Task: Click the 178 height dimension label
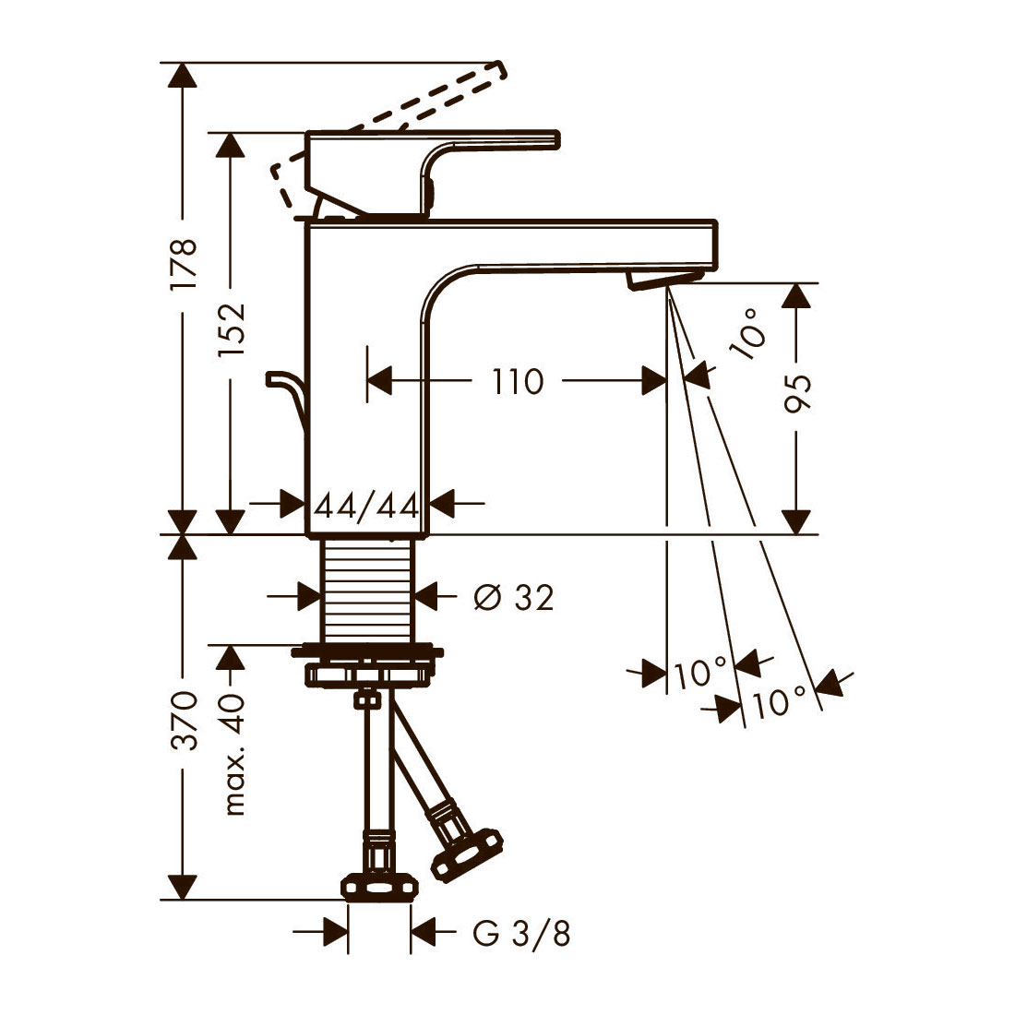coord(184,264)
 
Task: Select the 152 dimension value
coord(231,328)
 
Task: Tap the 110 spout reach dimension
coord(518,381)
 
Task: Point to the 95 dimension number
coord(797,393)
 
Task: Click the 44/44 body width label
coord(367,506)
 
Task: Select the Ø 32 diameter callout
coord(514,597)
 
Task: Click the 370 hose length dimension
coord(184,720)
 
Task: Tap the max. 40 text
coord(232,754)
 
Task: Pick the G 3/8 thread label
coord(521,934)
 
